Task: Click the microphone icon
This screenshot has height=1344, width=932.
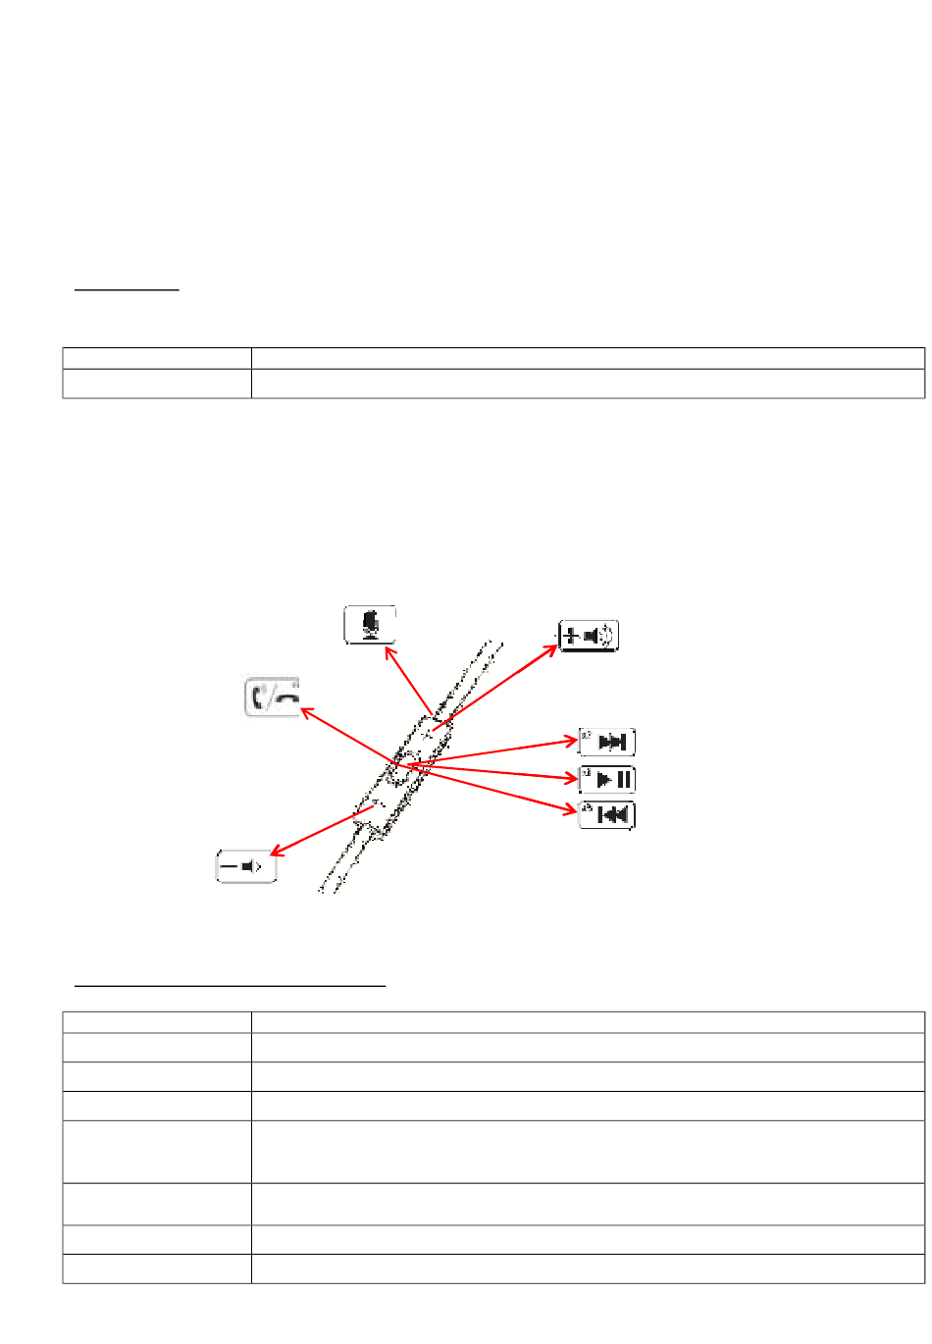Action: (370, 625)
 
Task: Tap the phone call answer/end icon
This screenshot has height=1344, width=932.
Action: (272, 698)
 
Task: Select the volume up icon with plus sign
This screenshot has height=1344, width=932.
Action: (589, 637)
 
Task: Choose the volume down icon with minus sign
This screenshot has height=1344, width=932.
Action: (246, 867)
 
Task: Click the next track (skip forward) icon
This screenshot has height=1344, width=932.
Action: (607, 742)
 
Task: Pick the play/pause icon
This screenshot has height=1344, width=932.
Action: (607, 780)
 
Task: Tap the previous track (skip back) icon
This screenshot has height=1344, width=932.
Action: (607, 815)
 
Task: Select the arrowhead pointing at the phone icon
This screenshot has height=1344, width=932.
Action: (304, 710)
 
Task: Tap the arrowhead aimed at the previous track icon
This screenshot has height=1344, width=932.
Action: (573, 810)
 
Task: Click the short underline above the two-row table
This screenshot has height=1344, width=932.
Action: (128, 290)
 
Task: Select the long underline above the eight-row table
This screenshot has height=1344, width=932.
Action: (231, 984)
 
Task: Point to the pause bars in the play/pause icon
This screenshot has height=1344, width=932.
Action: (623, 781)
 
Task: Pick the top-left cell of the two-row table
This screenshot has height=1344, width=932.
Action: (157, 358)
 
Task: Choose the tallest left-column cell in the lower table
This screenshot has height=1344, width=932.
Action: (157, 1152)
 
